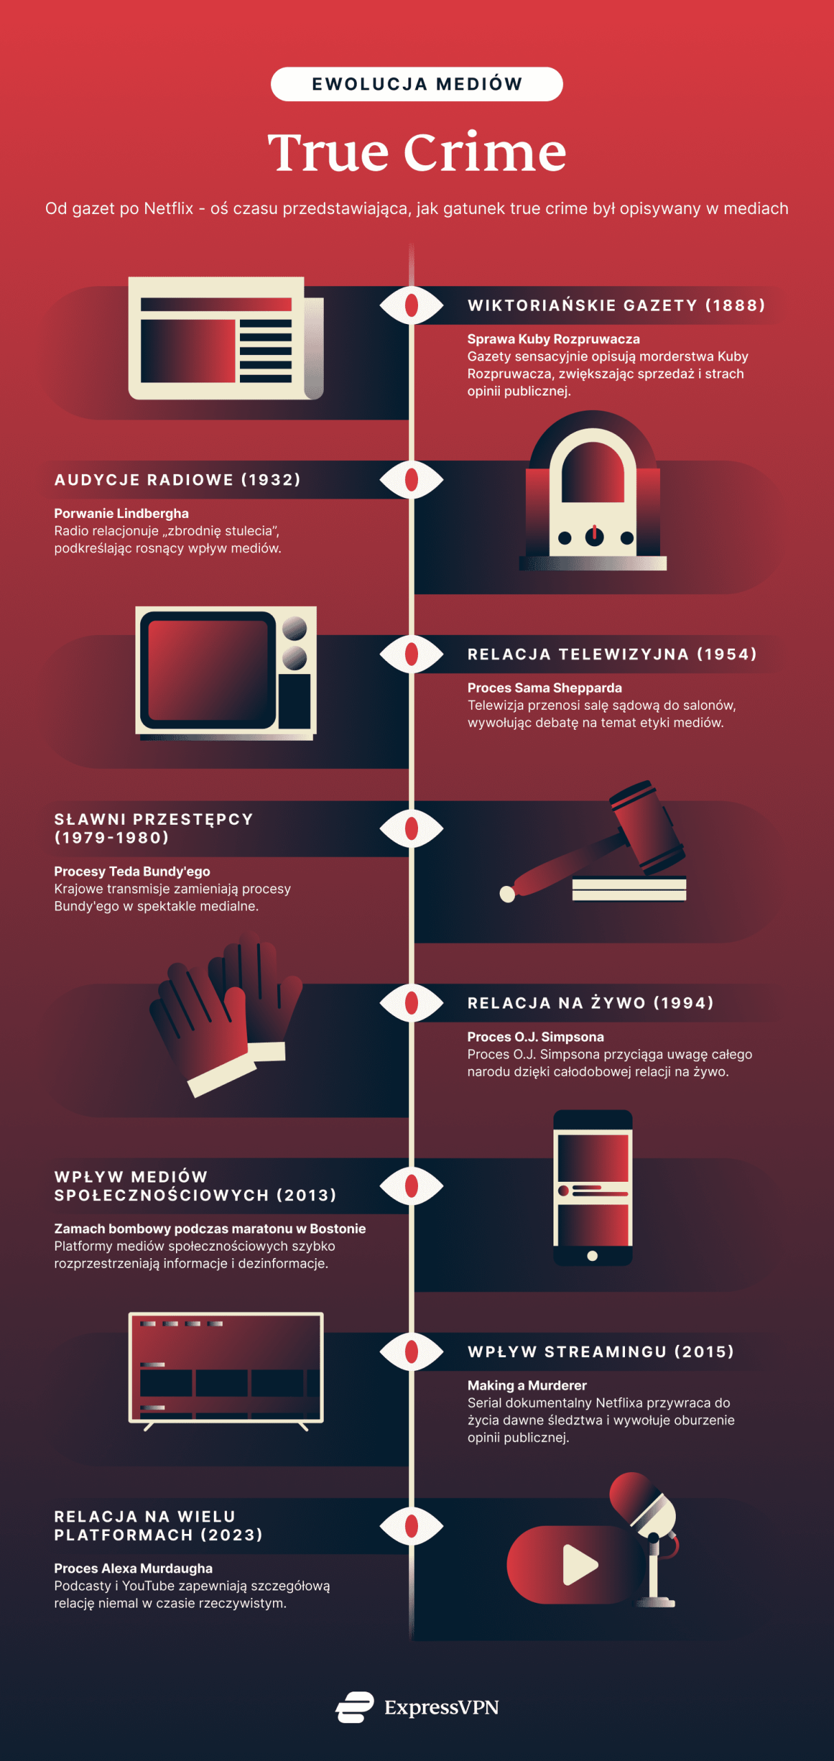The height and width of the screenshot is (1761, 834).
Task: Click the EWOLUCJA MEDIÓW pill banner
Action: tap(417, 84)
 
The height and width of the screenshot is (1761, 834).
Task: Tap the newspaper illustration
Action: tap(226, 338)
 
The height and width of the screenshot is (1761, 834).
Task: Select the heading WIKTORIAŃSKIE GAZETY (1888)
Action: tap(616, 305)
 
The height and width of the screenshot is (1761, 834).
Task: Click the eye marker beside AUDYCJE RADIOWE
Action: tap(412, 479)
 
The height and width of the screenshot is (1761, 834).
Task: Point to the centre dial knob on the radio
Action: tap(594, 537)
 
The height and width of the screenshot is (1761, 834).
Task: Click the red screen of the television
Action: tap(208, 669)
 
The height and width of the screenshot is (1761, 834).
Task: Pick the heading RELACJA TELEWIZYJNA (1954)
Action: tap(612, 654)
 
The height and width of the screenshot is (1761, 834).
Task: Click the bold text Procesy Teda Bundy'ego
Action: tap(132, 872)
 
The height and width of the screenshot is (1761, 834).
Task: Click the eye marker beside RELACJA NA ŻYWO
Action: tap(412, 1003)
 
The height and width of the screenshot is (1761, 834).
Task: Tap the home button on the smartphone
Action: tap(593, 1256)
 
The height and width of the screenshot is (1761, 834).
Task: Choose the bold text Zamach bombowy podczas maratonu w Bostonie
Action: tap(210, 1229)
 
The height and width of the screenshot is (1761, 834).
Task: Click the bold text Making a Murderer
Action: tap(527, 1385)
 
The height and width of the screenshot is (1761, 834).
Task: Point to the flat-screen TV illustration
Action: tap(226, 1368)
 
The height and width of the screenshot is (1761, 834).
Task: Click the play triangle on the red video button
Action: tap(579, 1565)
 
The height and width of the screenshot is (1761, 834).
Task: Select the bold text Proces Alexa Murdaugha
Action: tap(133, 1568)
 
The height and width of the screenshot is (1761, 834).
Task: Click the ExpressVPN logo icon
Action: tap(355, 1707)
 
